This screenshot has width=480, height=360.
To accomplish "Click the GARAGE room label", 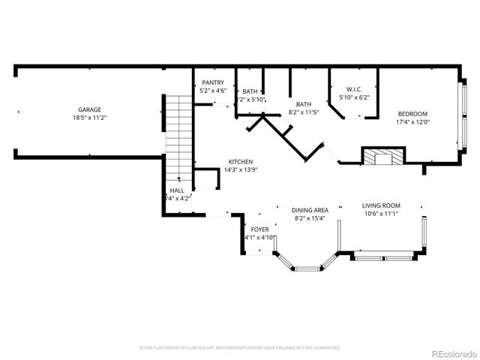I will pyautogui.click(x=90, y=110).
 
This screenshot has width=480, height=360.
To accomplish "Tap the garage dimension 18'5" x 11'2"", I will pyautogui.click(x=90, y=118).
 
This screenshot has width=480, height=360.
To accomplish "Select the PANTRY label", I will pyautogui.click(x=212, y=82).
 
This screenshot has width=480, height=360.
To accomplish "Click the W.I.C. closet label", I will pyautogui.click(x=355, y=88).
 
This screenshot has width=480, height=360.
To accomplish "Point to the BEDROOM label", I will pyautogui.click(x=413, y=114).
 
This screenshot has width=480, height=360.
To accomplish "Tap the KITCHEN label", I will pyautogui.click(x=241, y=162).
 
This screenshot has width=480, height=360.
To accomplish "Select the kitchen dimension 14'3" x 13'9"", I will pyautogui.click(x=241, y=169).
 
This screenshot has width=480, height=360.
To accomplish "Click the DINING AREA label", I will pyautogui.click(x=310, y=210).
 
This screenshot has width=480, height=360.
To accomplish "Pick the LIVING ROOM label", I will pyautogui.click(x=381, y=205).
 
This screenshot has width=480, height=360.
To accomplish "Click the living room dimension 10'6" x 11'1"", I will pyautogui.click(x=381, y=214).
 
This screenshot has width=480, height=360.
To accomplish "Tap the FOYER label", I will pyautogui.click(x=259, y=229).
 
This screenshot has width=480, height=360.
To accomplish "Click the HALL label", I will pyautogui.click(x=177, y=191).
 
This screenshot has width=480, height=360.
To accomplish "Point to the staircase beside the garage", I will pyautogui.click(x=178, y=127).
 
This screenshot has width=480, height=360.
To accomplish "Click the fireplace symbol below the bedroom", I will pyautogui.click(x=382, y=157).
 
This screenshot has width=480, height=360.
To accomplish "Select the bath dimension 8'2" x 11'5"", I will pyautogui.click(x=304, y=112).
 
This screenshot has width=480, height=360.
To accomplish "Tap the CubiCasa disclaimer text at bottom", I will pyautogui.click(x=240, y=348).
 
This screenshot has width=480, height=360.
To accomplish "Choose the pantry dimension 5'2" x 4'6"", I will pyautogui.click(x=212, y=91).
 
